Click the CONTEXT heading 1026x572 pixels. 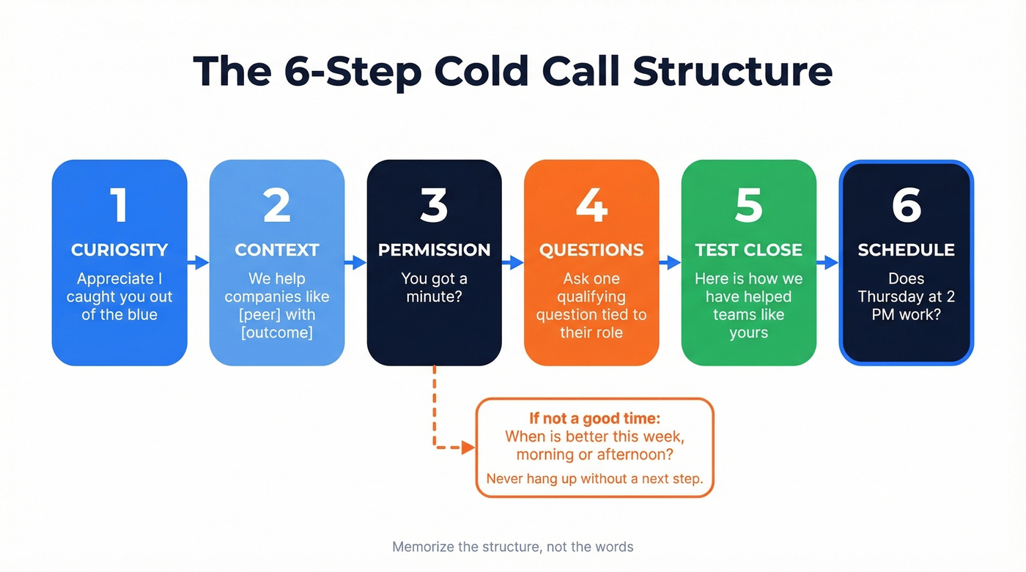coord(276,250)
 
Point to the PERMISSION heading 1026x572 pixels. coord(434,250)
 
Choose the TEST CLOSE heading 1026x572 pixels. coord(748,250)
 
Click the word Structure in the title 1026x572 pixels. coord(732,71)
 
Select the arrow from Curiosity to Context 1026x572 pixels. coord(198,262)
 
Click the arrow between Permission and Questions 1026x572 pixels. coord(513,262)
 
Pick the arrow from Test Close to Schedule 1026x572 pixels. coord(827,262)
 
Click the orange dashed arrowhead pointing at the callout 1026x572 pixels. coord(468,447)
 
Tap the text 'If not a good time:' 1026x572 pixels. coord(594,418)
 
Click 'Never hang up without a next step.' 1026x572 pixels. coord(594,480)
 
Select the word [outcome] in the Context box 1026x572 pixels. coord(276,333)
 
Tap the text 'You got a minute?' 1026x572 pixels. coord(434,288)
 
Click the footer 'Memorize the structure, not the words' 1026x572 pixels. coord(512,546)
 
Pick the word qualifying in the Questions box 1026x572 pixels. coord(591,297)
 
